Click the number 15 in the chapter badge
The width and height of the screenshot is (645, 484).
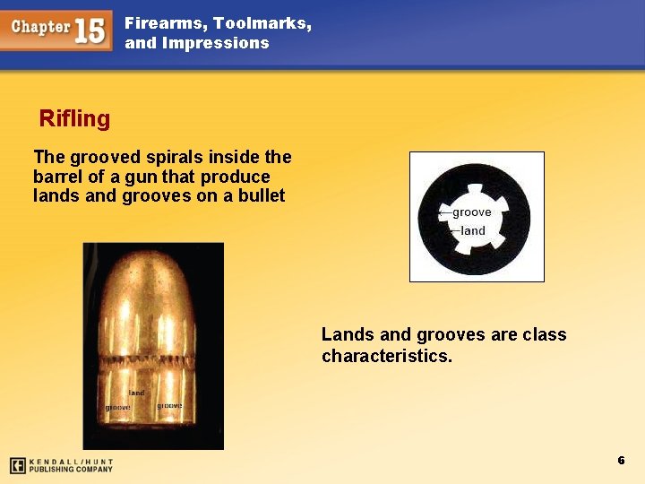pyautogui.click(x=89, y=30)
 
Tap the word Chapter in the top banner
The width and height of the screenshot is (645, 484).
pyautogui.click(x=40, y=27)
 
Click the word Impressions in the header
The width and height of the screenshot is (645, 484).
pyautogui.click(x=216, y=43)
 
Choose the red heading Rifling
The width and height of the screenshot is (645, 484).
pyautogui.click(x=74, y=118)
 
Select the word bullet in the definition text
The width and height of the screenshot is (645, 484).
pyautogui.click(x=262, y=195)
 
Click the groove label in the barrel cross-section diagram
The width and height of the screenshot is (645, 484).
pyautogui.click(x=471, y=212)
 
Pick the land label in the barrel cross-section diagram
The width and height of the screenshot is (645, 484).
pyautogui.click(x=473, y=231)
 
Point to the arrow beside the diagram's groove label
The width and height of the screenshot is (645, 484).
pyautogui.click(x=444, y=212)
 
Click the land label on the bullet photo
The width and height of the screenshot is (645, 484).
pyautogui.click(x=136, y=393)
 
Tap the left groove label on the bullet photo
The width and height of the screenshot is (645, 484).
pyautogui.click(x=118, y=408)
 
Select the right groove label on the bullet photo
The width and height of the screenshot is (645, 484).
pyautogui.click(x=169, y=406)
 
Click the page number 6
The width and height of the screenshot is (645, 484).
pyautogui.click(x=620, y=460)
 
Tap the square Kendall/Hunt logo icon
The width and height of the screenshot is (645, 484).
pyautogui.click(x=17, y=465)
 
